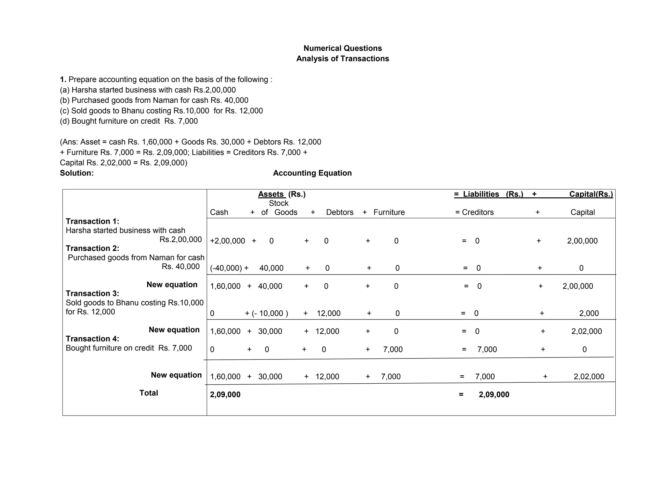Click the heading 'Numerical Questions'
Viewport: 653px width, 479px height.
pyautogui.click(x=342, y=48)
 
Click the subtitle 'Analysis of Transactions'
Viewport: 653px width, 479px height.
pyautogui.click(x=342, y=59)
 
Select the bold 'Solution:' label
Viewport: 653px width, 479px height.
pyautogui.click(x=77, y=173)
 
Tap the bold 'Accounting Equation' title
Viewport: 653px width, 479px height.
pyautogui.click(x=312, y=173)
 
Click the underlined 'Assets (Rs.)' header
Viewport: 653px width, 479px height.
pyautogui.click(x=282, y=194)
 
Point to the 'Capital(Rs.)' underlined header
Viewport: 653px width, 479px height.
pyautogui.click(x=591, y=194)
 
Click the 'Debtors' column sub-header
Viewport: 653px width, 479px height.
pyautogui.click(x=340, y=212)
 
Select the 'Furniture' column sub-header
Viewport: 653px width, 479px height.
pyautogui.click(x=389, y=212)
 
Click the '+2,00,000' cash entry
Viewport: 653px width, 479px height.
pyautogui.click(x=227, y=241)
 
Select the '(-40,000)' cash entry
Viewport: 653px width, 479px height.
pyautogui.click(x=226, y=268)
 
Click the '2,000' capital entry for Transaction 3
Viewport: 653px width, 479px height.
pyautogui.click(x=589, y=313)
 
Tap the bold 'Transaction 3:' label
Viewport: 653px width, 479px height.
pyautogui.click(x=92, y=293)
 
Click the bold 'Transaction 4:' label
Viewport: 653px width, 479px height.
pyautogui.click(x=92, y=339)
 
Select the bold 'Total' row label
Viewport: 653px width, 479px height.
pyautogui.click(x=149, y=393)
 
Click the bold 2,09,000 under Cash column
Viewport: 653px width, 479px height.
pyautogui.click(x=225, y=395)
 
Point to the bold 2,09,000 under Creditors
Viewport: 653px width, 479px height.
pyautogui.click(x=494, y=395)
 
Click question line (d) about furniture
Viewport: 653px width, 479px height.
pyautogui.click(x=129, y=121)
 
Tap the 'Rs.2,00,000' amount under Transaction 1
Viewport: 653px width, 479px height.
pyautogui.click(x=180, y=239)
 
